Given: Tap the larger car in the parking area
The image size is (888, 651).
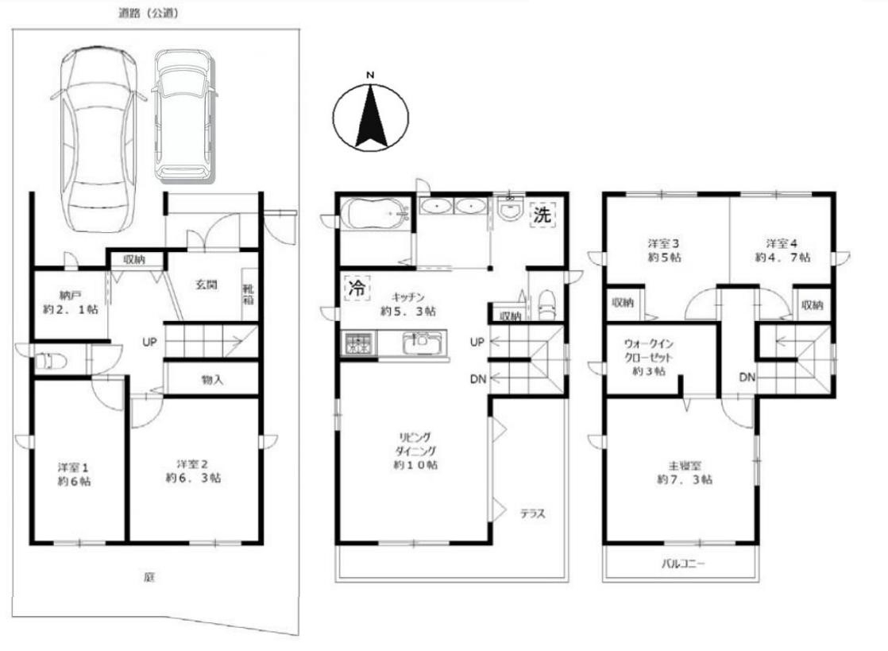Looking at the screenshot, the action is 99,138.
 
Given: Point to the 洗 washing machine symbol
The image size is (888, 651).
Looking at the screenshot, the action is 542,215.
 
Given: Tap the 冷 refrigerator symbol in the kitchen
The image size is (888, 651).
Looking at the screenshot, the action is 357,288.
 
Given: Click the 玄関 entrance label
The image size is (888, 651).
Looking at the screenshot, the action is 207,285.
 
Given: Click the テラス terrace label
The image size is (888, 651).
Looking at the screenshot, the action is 532,514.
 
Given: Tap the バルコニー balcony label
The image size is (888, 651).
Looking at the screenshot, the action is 683,564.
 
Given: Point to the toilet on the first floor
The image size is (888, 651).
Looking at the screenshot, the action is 51,361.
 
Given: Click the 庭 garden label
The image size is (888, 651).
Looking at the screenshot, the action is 149,577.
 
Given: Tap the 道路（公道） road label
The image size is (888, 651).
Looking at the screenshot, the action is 149,13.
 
